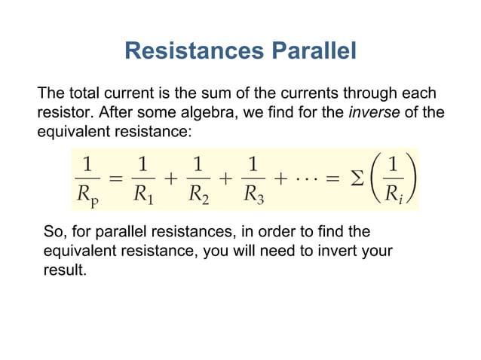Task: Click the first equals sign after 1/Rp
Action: coord(115,179)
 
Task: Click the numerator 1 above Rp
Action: coord(89,163)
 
